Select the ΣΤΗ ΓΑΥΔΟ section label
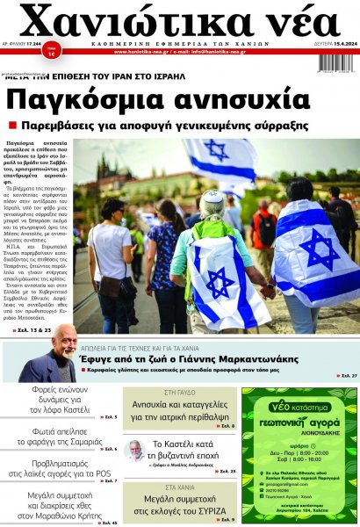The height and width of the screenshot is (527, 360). tap(181, 391)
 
